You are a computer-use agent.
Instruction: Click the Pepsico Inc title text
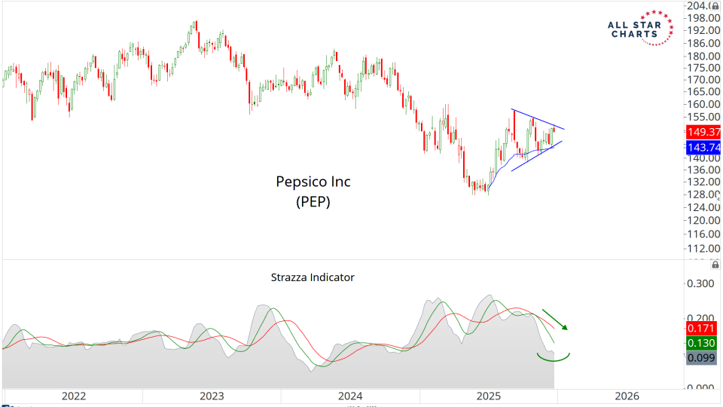click(312, 182)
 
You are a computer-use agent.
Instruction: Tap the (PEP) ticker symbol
click(312, 202)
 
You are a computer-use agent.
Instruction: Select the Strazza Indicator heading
click(313, 277)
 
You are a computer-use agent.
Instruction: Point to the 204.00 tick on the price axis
click(700, 6)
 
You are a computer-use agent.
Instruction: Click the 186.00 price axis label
click(700, 44)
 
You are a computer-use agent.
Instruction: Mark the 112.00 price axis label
click(700, 248)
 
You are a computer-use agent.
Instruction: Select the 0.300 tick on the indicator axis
click(700, 284)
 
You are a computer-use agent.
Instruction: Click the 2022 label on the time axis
click(74, 396)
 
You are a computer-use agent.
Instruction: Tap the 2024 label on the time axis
click(350, 396)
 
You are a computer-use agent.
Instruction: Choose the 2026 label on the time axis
click(627, 396)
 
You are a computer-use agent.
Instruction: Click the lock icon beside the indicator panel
click(715, 265)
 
